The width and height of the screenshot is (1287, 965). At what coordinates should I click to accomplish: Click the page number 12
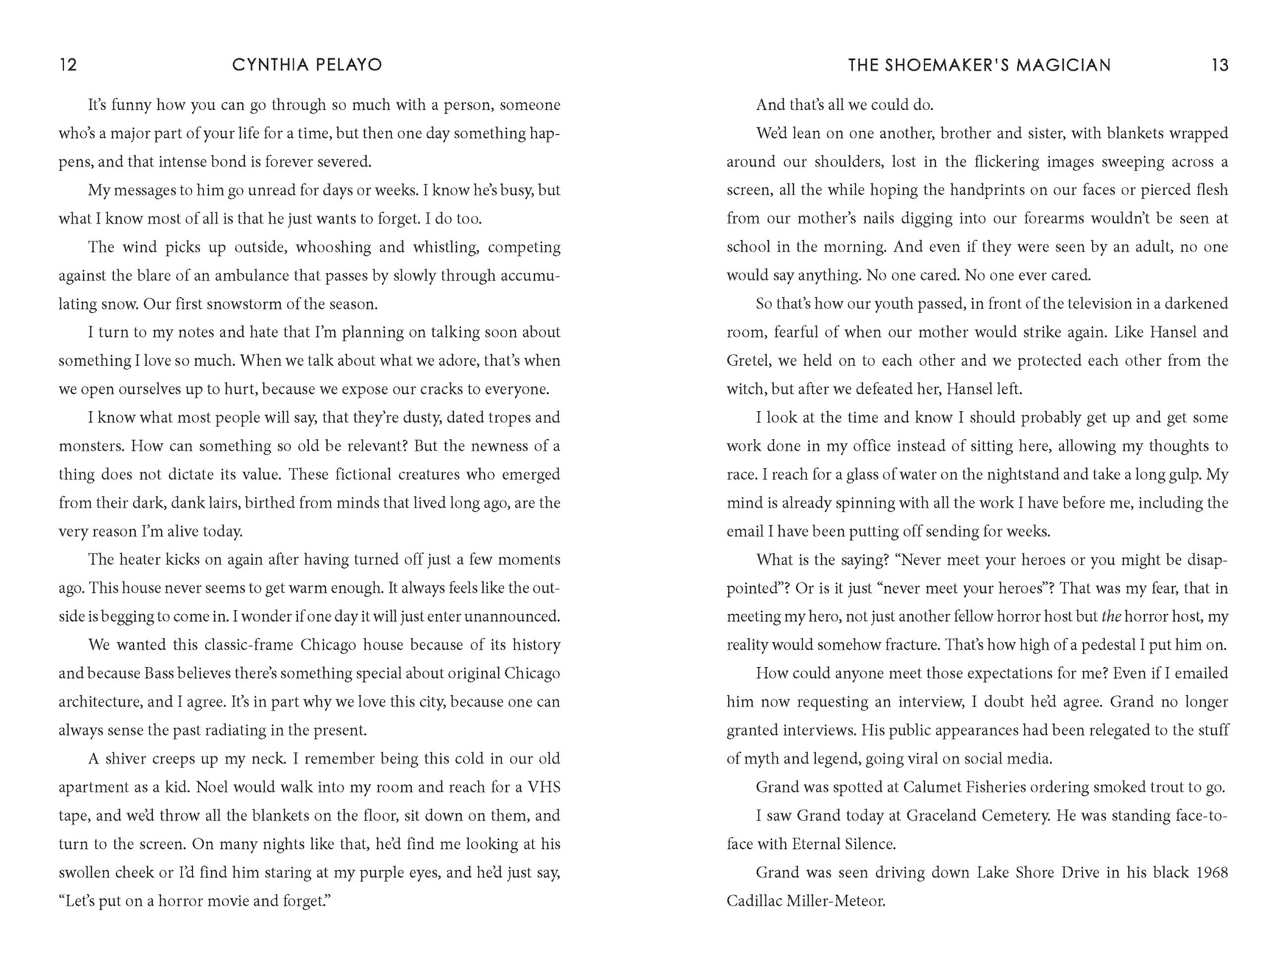[68, 64]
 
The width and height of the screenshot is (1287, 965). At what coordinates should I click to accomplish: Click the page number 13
[1220, 64]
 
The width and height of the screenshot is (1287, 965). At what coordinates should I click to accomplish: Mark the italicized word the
[1111, 617]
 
